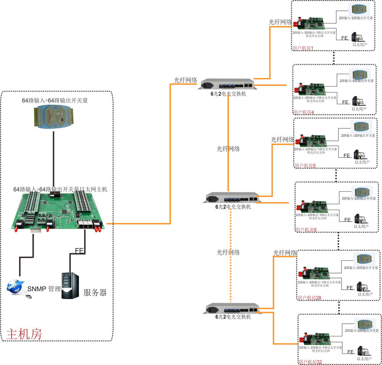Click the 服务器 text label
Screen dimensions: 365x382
(95, 293)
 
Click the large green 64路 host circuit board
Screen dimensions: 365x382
(57, 211)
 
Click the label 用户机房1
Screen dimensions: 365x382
(303, 48)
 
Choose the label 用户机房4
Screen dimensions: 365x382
(304, 112)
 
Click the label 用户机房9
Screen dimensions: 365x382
(306, 230)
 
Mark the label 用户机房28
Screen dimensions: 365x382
(309, 298)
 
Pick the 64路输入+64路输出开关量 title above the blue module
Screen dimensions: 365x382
(55, 101)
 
